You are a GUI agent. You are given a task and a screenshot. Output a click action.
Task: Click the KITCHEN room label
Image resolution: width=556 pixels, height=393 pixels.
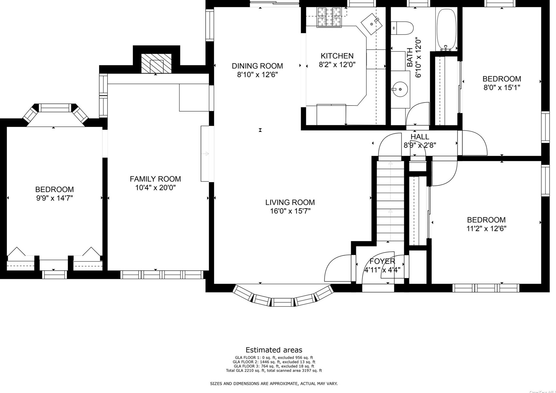point(337,56)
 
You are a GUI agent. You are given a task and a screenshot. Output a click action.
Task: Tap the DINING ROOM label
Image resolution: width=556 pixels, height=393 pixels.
point(257,66)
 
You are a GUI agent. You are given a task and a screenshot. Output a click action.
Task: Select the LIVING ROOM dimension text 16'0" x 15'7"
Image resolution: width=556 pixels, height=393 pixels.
point(290,211)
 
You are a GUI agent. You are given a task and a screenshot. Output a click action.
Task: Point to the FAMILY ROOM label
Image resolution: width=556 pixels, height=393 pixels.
point(155,179)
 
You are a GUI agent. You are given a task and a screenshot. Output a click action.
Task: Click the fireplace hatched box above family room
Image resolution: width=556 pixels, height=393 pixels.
point(156,63)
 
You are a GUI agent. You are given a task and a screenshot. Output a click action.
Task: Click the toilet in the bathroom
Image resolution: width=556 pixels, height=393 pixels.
point(403,28)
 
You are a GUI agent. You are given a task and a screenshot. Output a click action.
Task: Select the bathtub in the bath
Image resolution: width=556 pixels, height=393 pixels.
point(446,29)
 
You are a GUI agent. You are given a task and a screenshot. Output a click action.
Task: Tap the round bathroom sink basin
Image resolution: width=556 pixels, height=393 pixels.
point(400,89)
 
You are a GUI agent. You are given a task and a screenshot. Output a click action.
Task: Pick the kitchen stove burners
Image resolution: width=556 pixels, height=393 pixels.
point(329,17)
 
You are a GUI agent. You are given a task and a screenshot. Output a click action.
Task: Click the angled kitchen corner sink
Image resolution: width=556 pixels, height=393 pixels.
point(372,24)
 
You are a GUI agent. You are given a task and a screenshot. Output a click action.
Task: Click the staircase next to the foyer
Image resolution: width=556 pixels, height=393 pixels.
point(390,201)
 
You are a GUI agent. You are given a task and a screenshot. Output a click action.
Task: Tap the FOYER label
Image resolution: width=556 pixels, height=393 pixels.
point(382,261)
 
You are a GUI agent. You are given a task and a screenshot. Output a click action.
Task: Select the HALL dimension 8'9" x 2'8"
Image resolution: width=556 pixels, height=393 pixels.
point(419,145)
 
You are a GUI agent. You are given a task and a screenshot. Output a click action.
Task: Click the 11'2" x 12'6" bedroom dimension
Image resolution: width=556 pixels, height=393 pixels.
point(486,229)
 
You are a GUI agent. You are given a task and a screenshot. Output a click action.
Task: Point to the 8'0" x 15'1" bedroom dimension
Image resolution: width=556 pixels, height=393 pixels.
point(502,88)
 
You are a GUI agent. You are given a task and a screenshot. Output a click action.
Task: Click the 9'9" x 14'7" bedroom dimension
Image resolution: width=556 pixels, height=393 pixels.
point(54,198)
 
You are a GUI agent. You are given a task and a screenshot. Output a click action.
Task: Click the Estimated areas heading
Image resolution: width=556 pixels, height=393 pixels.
point(274,350)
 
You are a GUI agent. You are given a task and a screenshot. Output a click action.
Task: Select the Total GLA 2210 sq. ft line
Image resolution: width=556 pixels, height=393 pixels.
point(274,371)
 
